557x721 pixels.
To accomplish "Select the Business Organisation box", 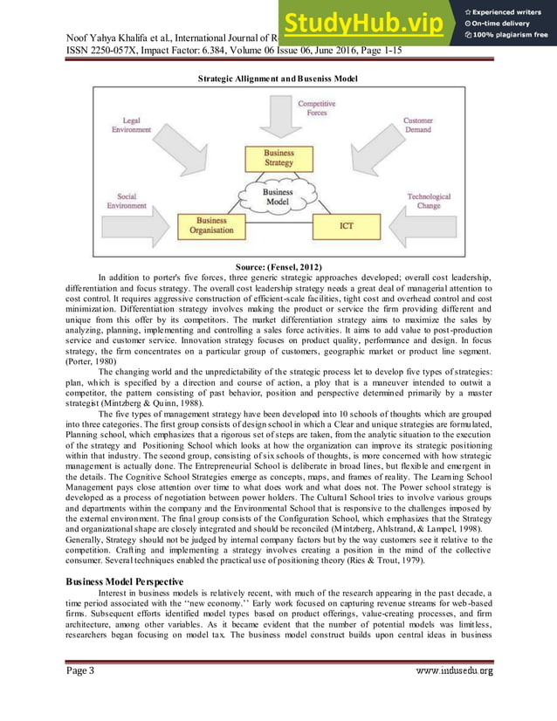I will pos(212,226).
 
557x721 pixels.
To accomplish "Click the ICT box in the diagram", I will pos(347,226).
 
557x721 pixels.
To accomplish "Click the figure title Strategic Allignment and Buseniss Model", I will pos(278,79).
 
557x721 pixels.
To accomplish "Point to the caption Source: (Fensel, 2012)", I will pos(278,264).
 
